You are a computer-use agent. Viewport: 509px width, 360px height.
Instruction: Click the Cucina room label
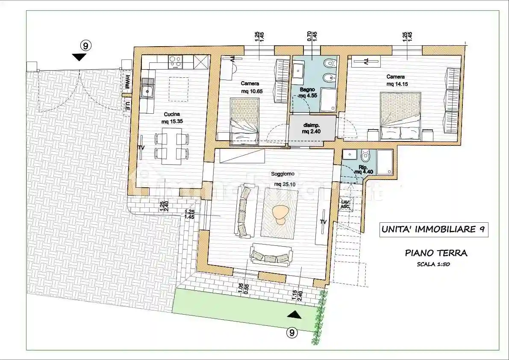[170, 115]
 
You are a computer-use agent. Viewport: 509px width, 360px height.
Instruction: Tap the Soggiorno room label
[282, 174]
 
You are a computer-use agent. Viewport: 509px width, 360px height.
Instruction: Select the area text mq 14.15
[397, 84]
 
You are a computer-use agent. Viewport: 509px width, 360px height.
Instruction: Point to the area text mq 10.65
[250, 91]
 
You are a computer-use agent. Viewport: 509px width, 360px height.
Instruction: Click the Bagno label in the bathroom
[307, 90]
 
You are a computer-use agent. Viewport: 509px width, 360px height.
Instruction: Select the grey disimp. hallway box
[312, 128]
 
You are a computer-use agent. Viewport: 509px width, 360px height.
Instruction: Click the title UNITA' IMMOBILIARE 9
[433, 230]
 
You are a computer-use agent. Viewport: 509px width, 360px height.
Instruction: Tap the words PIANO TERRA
[436, 253]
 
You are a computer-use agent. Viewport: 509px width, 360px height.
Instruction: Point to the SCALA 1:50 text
[433, 264]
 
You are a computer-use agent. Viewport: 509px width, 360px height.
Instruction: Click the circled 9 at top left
[86, 45]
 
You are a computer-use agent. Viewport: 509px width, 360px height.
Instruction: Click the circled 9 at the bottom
[291, 332]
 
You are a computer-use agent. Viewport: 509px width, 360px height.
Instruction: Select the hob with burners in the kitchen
[175, 62]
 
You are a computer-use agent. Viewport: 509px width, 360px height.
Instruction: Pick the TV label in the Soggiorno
[323, 222]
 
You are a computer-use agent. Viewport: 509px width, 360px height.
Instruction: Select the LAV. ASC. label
[345, 204]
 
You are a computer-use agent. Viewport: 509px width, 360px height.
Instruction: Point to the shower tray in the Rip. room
[383, 162]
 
